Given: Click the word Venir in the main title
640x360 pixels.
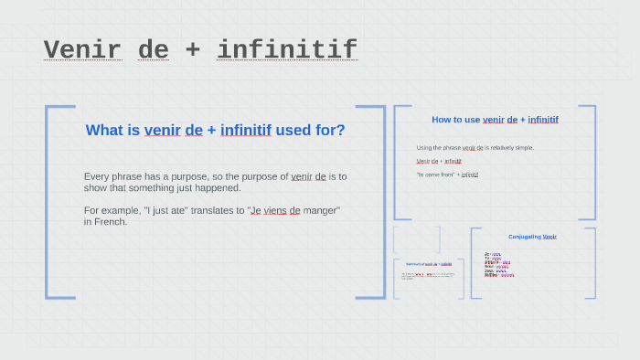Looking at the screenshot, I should point(82,49).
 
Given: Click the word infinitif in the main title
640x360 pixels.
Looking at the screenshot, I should point(286,49).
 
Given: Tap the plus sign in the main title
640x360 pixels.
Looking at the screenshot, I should point(192,49).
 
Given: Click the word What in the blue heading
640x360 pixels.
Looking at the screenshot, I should point(103,130).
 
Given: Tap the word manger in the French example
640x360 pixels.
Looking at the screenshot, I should point(320,210).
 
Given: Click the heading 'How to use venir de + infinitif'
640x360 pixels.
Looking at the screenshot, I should point(495,120).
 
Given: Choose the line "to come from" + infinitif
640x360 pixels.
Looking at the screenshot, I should point(447,174).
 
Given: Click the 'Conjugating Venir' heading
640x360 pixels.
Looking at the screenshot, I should point(532,237).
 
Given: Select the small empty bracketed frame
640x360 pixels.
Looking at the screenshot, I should point(417,239).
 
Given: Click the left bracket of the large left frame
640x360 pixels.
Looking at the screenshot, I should point(48,201).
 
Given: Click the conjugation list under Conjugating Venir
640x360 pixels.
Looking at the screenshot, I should point(498,264).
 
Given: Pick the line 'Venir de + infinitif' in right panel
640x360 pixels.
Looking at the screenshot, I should point(439,161).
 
